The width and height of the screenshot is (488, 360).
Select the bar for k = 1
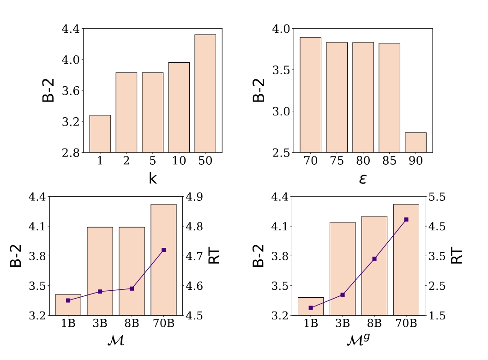click(x=100, y=133)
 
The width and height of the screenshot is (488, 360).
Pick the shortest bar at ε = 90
click(x=416, y=142)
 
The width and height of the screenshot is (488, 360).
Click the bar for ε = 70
click(x=310, y=95)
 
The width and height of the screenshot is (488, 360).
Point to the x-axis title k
click(x=153, y=178)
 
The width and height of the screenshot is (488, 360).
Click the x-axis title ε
click(x=363, y=178)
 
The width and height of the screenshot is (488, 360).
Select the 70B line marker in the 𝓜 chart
click(x=163, y=250)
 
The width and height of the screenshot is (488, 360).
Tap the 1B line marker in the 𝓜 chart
click(x=68, y=300)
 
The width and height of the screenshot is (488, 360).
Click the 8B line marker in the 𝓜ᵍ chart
click(x=374, y=259)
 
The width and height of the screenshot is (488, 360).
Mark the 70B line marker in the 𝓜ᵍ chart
click(x=406, y=220)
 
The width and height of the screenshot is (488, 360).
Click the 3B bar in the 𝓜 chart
click(x=100, y=271)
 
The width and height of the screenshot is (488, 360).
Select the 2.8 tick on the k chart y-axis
click(x=72, y=152)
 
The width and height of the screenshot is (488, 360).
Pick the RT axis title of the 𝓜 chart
click(x=215, y=256)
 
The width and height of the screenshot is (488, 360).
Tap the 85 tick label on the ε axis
click(x=389, y=162)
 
